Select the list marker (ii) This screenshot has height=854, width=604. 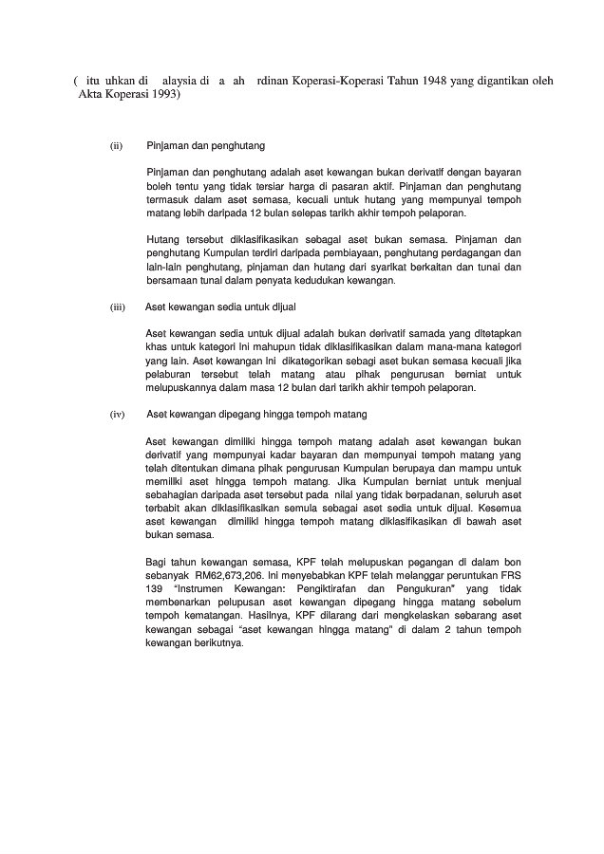click(117, 146)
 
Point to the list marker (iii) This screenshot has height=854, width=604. click(118, 307)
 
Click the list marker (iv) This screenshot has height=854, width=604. click(118, 415)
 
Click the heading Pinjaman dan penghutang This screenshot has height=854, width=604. click(206, 146)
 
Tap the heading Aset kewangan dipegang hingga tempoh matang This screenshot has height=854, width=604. click(255, 415)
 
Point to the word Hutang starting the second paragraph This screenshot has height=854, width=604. click(164, 240)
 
